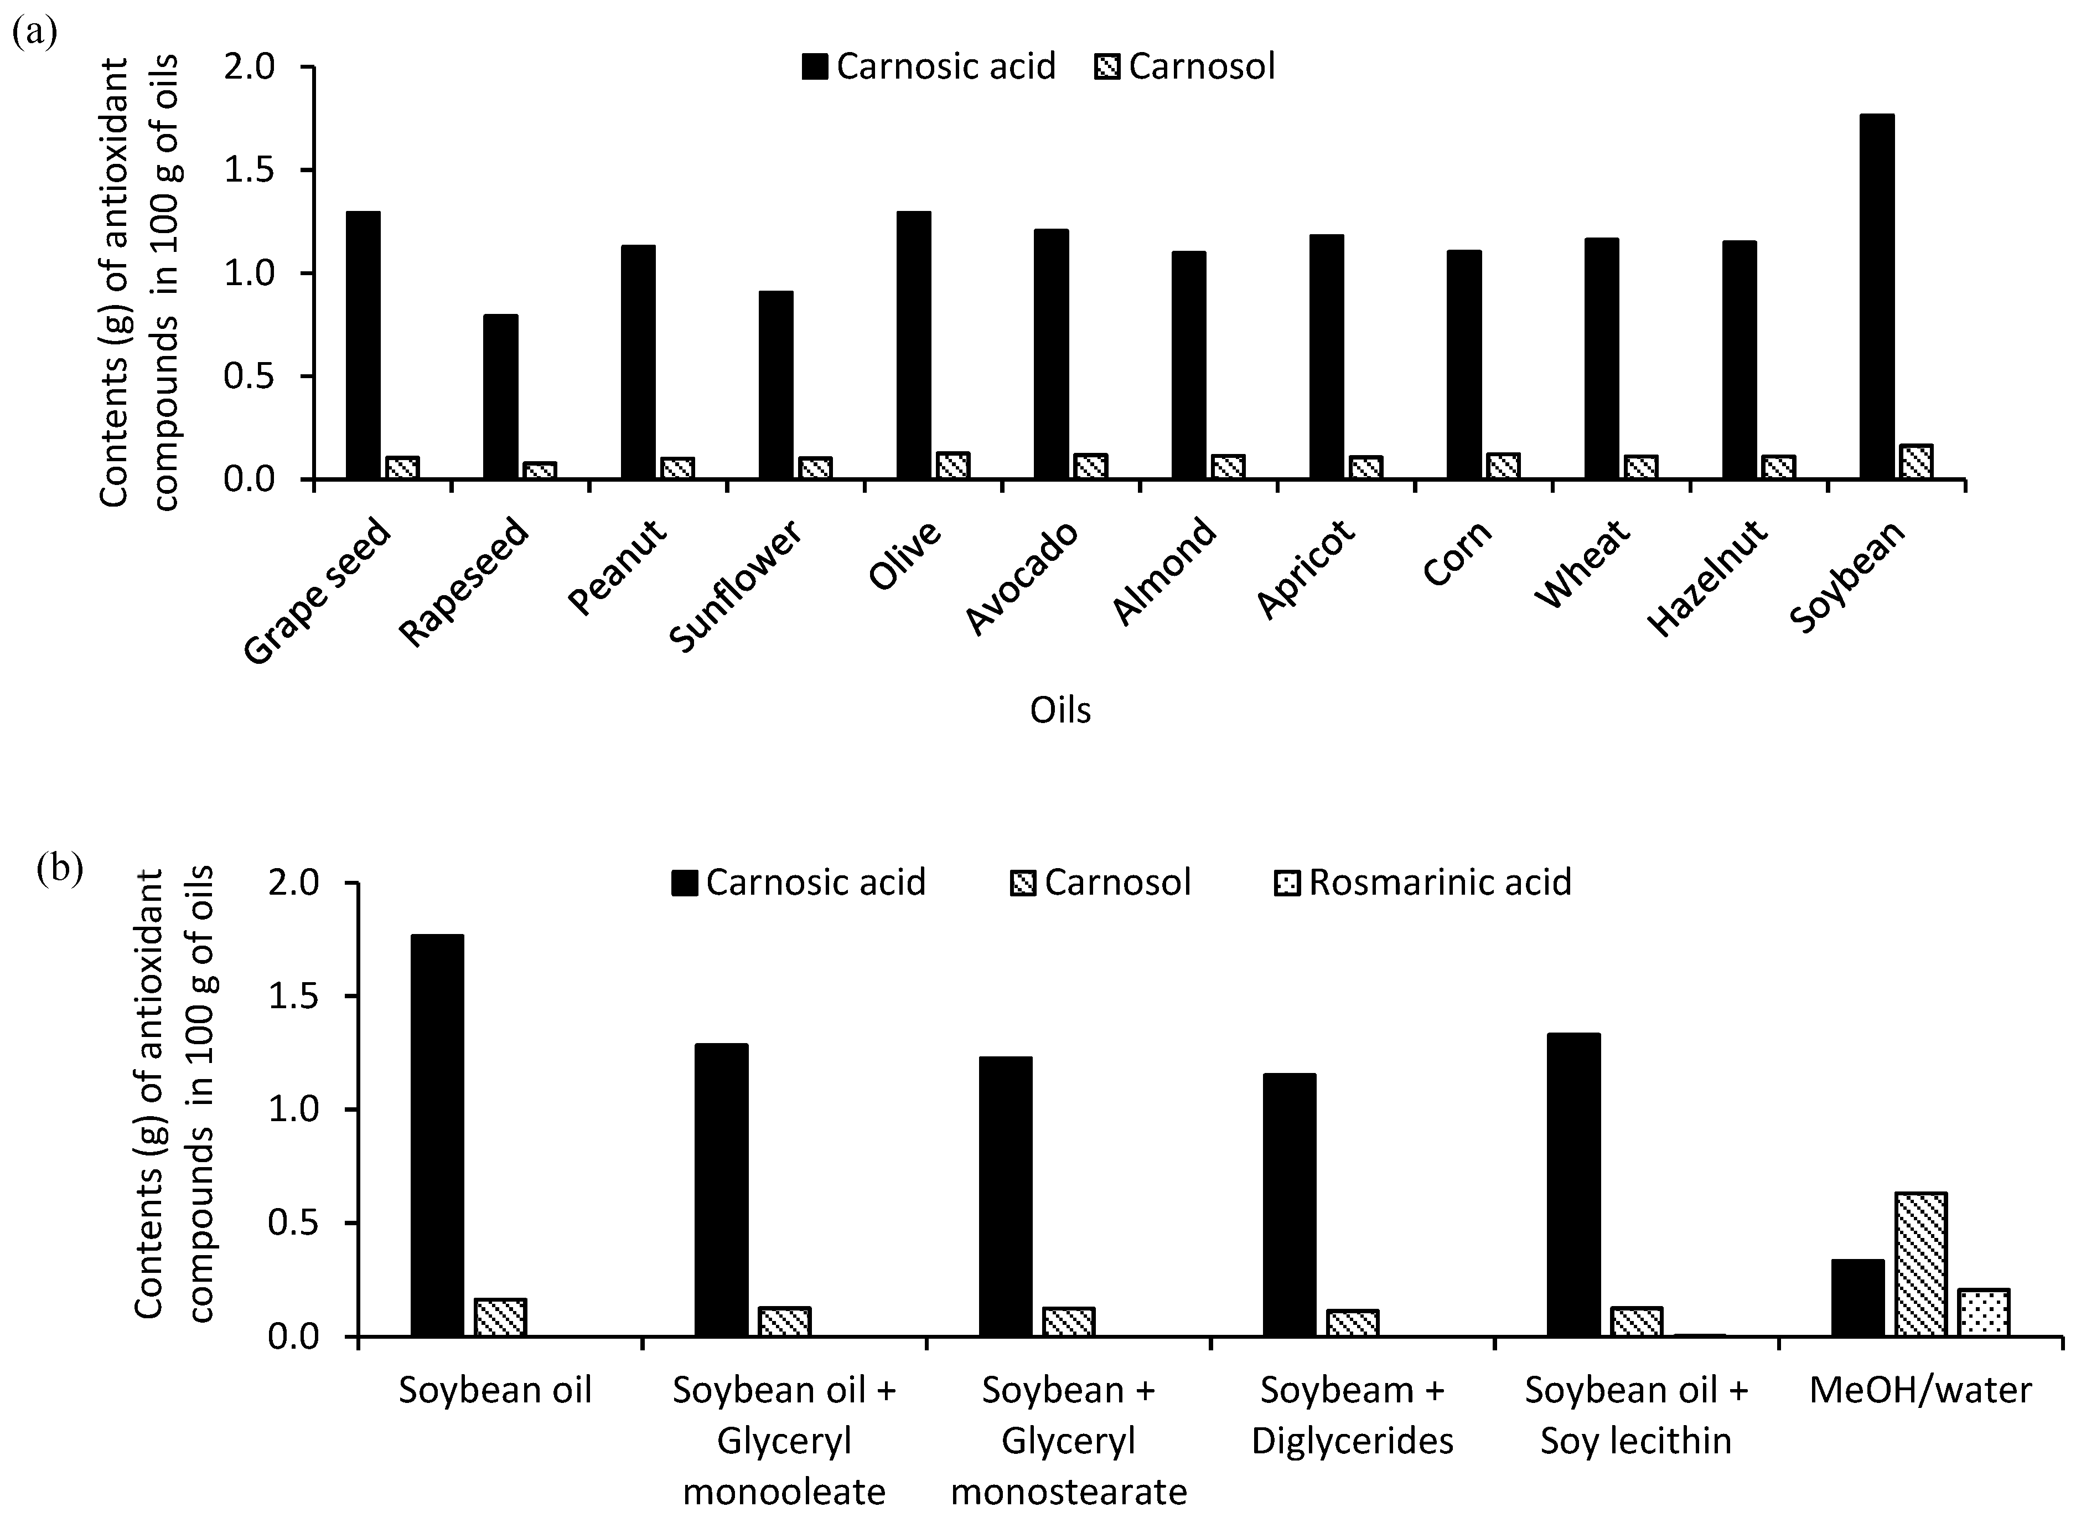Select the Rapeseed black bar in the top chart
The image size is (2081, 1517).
point(500,397)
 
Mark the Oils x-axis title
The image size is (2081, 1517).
point(1060,710)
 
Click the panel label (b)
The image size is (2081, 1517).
point(60,868)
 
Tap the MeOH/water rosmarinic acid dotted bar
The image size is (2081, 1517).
point(1984,1313)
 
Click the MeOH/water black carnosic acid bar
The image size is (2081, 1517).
point(1857,1298)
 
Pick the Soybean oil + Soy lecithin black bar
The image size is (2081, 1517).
point(1573,1185)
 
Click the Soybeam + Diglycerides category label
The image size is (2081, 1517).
point(1352,1415)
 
